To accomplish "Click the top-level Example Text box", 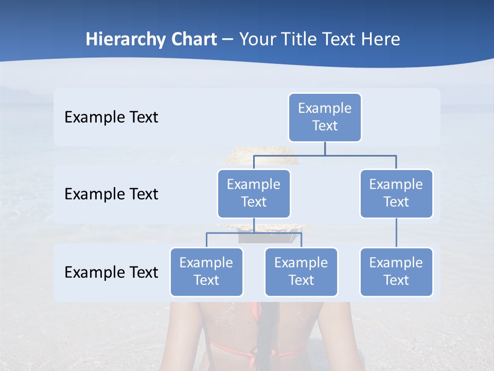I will tap(325, 117).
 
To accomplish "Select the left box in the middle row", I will tap(254, 193).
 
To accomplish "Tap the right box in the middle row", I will tap(396, 193).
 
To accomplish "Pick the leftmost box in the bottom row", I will tap(206, 272).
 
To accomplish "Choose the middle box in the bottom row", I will tap(301, 272).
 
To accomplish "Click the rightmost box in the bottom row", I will tap(396, 272).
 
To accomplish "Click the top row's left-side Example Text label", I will tap(111, 117).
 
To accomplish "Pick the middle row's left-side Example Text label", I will tap(111, 194).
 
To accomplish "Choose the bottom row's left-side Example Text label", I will tap(111, 272).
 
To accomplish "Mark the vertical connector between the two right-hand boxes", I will tap(396, 233).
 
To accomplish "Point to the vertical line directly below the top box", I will tap(325, 148).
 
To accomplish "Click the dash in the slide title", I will tap(228, 40).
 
